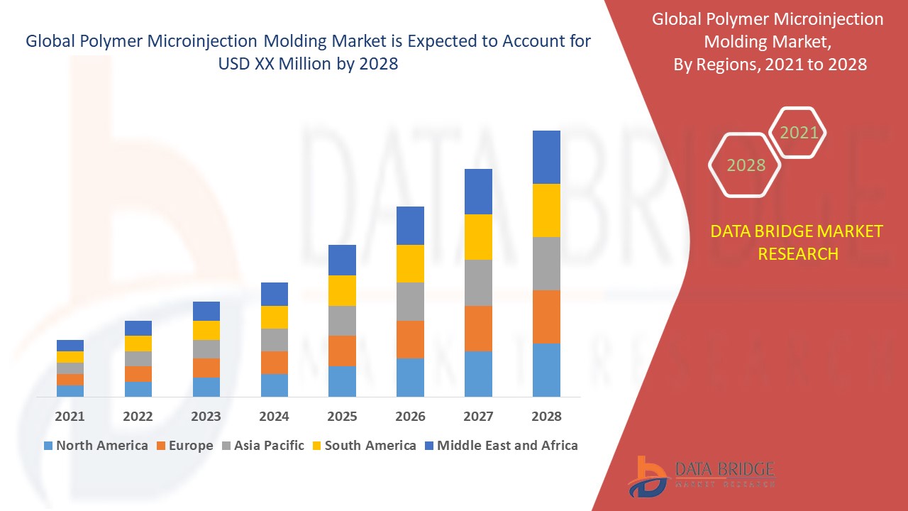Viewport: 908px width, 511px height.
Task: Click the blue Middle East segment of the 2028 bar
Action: (x=546, y=157)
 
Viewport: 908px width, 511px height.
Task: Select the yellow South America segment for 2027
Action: (x=478, y=236)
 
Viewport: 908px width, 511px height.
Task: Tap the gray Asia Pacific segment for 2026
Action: (x=410, y=302)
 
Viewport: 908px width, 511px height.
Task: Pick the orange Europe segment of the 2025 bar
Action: (x=342, y=351)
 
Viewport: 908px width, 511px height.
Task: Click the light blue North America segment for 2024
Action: (x=275, y=385)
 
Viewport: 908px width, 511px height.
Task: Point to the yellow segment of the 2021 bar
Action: (x=70, y=357)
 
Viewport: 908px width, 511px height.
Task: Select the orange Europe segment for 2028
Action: (x=546, y=317)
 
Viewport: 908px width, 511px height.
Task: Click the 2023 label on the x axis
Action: (x=206, y=417)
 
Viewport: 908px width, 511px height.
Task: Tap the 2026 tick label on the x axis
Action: (x=410, y=417)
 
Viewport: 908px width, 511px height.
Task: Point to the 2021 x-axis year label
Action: (x=70, y=417)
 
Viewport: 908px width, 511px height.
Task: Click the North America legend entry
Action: (x=96, y=446)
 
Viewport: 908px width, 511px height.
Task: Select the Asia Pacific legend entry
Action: (x=262, y=446)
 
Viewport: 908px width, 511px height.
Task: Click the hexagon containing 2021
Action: (x=799, y=133)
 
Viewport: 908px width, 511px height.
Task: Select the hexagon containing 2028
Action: (x=746, y=165)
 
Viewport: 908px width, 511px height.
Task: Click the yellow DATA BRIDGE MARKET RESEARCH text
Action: (x=797, y=242)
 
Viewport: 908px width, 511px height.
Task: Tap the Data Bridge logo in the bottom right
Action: (x=701, y=476)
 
